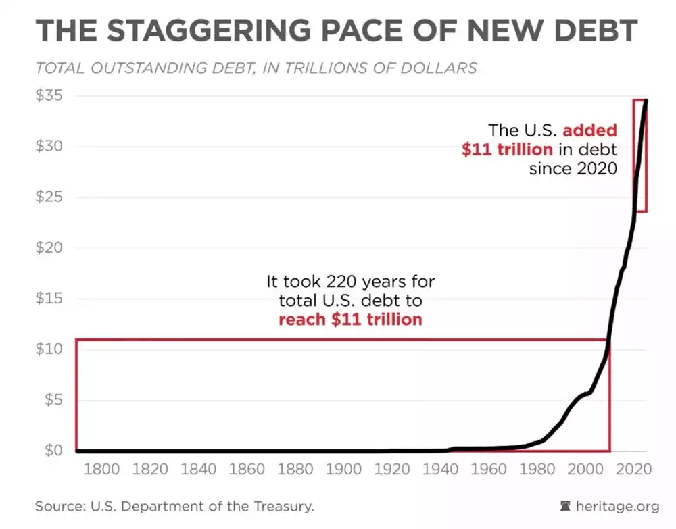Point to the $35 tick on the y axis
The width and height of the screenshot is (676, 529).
tap(49, 95)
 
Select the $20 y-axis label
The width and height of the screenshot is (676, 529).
tap(49, 247)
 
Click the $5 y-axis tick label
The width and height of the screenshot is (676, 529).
tap(52, 399)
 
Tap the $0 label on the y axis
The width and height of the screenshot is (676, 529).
tap(52, 450)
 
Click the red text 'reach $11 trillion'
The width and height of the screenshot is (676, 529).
tap(349, 319)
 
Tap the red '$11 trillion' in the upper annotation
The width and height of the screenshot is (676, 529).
tap(507, 149)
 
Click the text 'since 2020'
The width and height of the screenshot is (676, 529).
tap(573, 168)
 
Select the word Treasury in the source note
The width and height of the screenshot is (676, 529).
tap(283, 506)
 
